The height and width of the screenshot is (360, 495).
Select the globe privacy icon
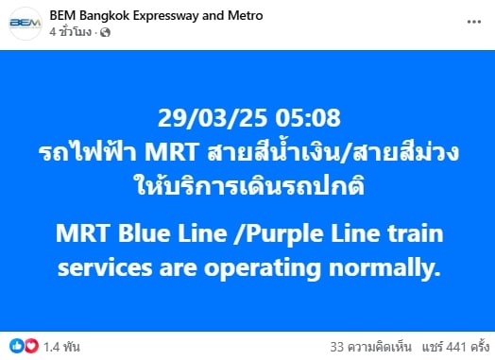click(x=106, y=33)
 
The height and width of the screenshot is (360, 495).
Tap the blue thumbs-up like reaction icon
click(x=16, y=345)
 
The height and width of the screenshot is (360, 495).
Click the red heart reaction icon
click(x=29, y=345)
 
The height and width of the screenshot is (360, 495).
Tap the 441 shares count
click(x=453, y=345)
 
